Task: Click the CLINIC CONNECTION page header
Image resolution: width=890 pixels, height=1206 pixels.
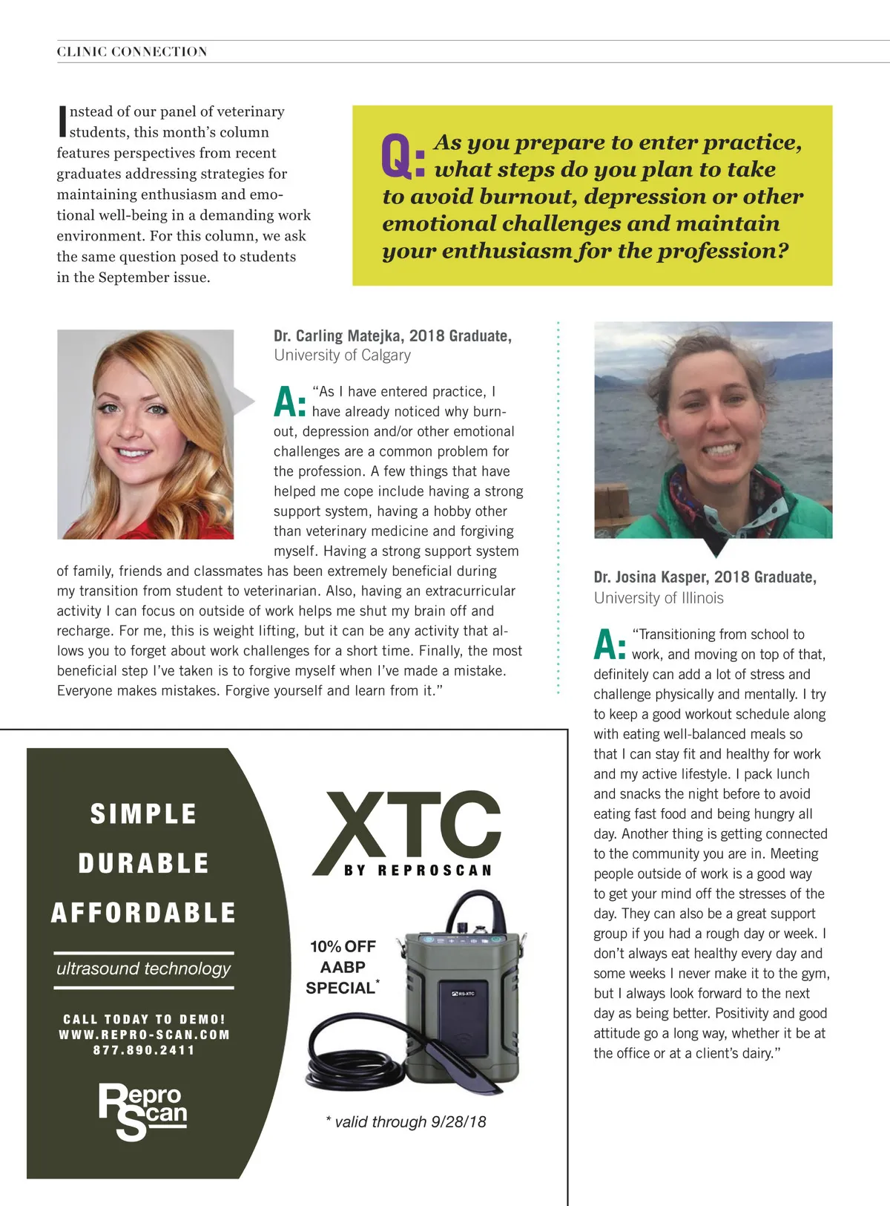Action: click(132, 51)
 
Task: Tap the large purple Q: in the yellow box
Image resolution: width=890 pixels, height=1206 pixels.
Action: click(403, 157)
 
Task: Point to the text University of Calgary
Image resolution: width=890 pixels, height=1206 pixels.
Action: click(342, 355)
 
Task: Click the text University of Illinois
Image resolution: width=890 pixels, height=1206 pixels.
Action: click(659, 597)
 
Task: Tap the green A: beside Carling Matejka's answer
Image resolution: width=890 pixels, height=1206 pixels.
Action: click(289, 402)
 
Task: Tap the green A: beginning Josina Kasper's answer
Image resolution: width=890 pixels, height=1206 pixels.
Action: click(610, 645)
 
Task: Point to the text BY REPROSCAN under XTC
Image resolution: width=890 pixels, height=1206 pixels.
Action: click(418, 870)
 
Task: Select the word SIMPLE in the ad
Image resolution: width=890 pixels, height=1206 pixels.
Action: click(143, 813)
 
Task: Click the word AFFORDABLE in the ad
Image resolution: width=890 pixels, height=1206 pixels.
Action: click(143, 912)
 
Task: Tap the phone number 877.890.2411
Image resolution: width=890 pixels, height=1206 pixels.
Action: click(144, 1050)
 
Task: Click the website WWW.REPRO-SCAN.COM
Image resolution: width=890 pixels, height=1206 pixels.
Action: click(144, 1035)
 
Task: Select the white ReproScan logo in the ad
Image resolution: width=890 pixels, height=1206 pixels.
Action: click(142, 1110)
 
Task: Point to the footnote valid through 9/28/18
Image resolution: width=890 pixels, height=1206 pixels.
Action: click(406, 1121)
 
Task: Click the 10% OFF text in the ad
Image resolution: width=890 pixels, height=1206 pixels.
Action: click(343, 946)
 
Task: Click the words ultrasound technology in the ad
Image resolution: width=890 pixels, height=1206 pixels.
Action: click(143, 969)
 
